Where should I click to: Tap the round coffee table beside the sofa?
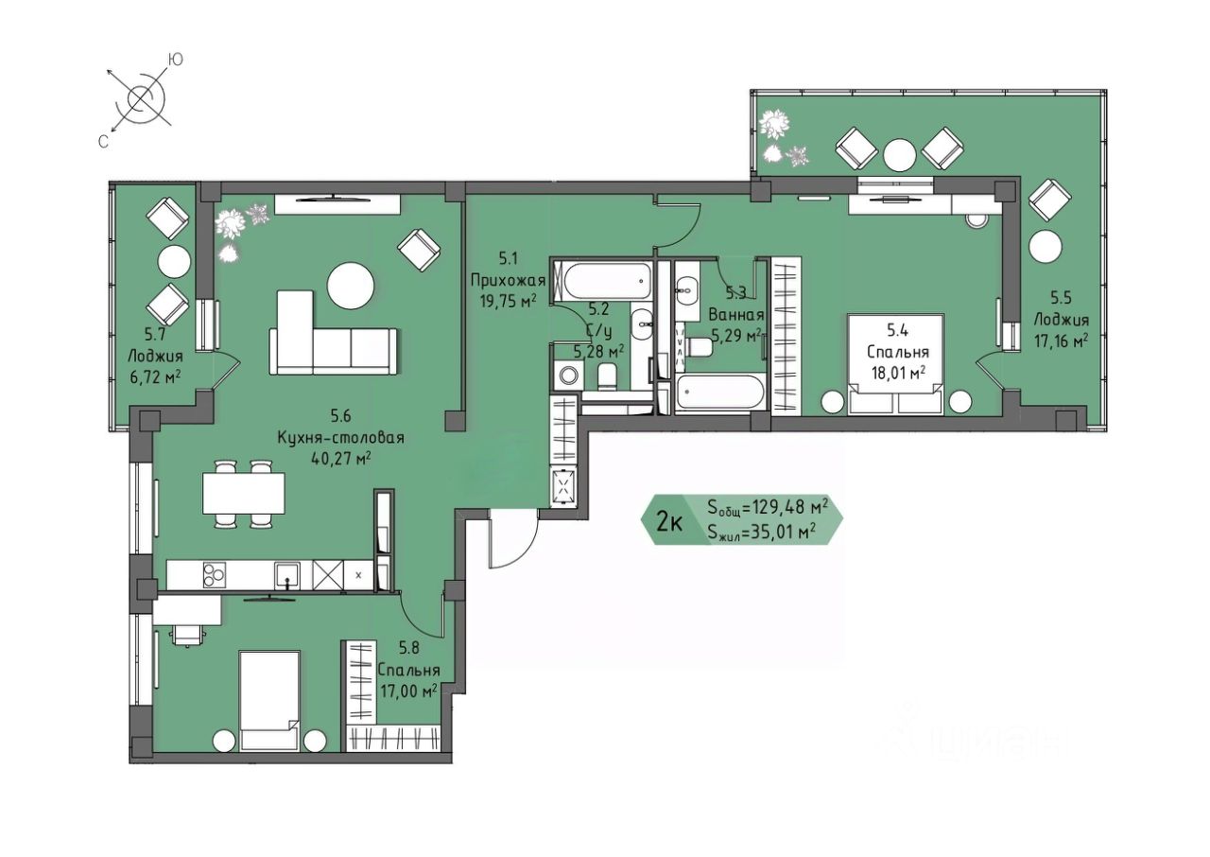click(x=351, y=286)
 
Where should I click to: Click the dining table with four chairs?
click(x=243, y=494)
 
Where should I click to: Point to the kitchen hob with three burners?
click(x=215, y=575)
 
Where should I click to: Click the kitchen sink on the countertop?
click(x=287, y=575)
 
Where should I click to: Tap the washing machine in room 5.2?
click(x=567, y=375)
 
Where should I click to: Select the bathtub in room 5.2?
click(x=601, y=280)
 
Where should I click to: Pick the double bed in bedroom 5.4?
click(x=895, y=363)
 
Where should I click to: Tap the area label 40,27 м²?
click(x=341, y=459)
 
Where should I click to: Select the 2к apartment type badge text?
click(x=670, y=522)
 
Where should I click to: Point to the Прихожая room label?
click(x=508, y=280)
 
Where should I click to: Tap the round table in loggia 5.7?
click(x=174, y=262)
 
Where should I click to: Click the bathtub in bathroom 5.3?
click(x=720, y=394)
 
